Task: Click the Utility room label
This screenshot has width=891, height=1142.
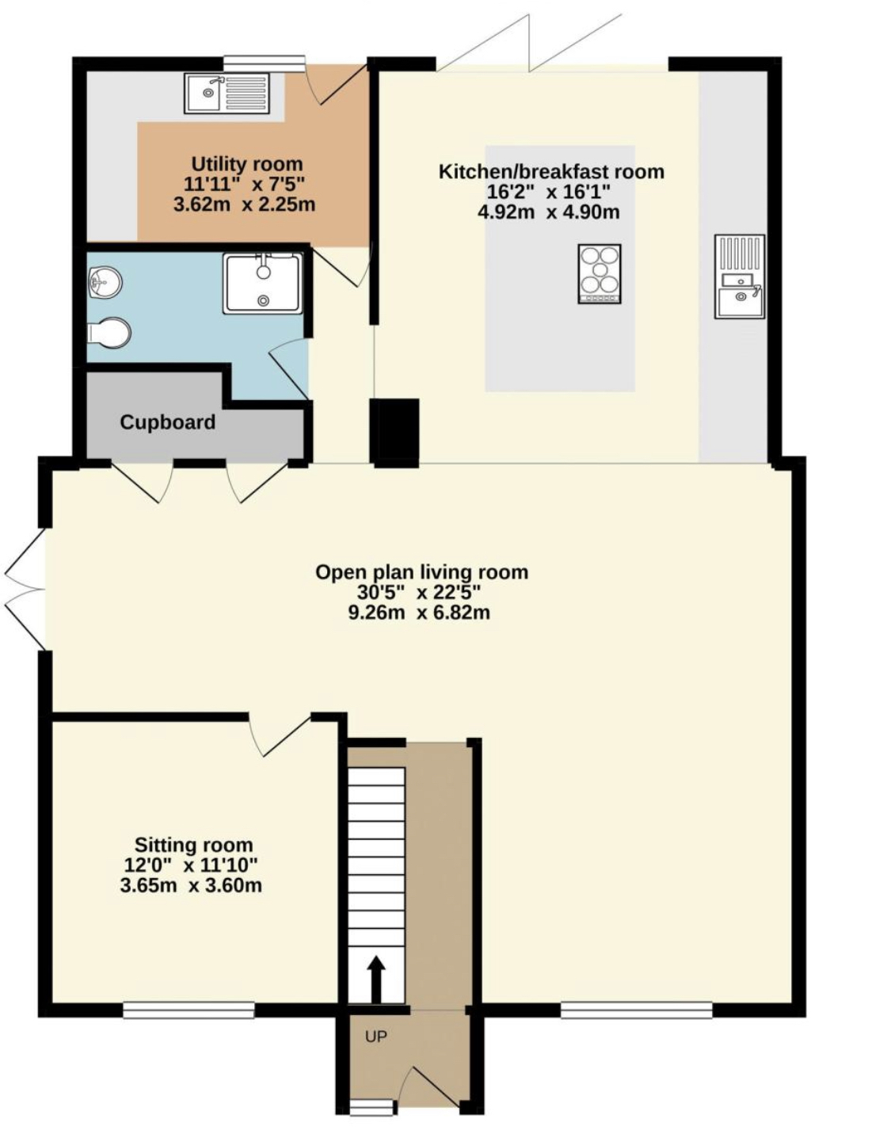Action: (247, 164)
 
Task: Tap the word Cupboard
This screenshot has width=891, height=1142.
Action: (167, 422)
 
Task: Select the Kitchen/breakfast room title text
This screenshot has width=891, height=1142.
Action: (551, 171)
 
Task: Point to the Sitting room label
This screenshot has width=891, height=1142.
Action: (194, 845)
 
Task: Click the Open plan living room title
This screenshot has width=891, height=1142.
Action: (421, 571)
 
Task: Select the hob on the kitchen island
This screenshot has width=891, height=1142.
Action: (600, 273)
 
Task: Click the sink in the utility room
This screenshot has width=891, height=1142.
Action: (227, 94)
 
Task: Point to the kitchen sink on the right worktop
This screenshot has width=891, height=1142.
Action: (739, 277)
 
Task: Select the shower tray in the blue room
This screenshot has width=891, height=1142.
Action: (263, 283)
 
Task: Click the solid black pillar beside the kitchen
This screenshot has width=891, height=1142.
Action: (395, 433)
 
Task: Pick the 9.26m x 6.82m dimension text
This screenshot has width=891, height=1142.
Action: (419, 613)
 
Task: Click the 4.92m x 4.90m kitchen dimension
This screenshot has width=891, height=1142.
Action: (549, 212)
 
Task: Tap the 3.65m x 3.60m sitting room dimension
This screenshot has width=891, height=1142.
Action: (191, 885)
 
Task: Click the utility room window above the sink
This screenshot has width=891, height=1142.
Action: (264, 63)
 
